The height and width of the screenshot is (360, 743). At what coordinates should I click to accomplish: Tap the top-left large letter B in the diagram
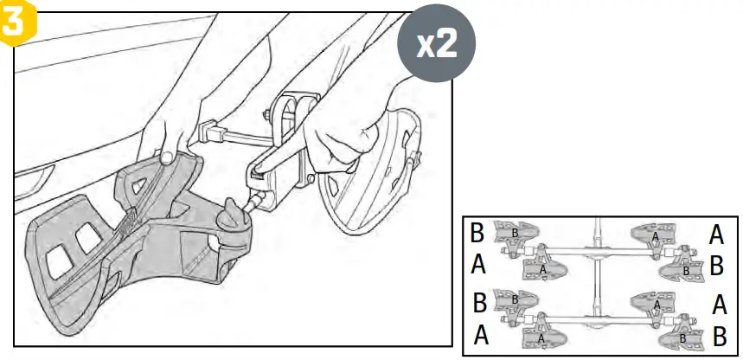pos(477,234)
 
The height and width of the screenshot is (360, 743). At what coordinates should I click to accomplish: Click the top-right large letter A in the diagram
pos(716,233)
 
